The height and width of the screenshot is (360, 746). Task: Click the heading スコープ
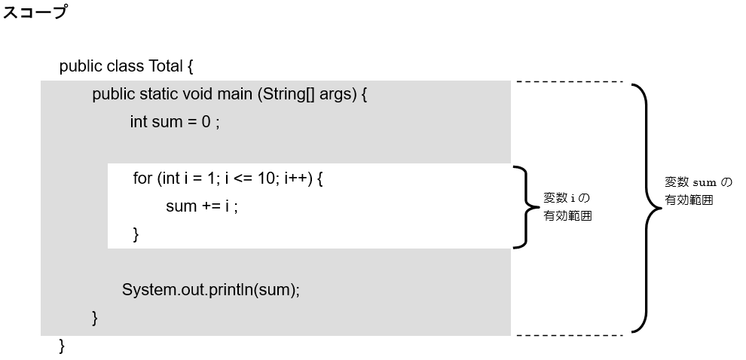[x=35, y=14]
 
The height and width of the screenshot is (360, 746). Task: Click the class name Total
[x=166, y=66]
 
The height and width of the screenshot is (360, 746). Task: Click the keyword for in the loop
[x=142, y=178]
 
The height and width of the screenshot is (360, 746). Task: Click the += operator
[x=210, y=206]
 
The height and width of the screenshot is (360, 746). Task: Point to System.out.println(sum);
[x=211, y=290]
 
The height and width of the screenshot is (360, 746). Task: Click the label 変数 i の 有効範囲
[x=566, y=206]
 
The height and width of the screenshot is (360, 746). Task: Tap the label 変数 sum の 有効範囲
[x=697, y=191]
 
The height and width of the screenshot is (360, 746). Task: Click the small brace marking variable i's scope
[x=523, y=206]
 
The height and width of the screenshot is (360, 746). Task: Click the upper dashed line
[x=569, y=81]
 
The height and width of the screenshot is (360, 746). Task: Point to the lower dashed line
[x=569, y=334]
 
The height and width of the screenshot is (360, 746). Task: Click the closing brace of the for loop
[x=136, y=235]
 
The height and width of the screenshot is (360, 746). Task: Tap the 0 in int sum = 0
[x=205, y=123]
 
